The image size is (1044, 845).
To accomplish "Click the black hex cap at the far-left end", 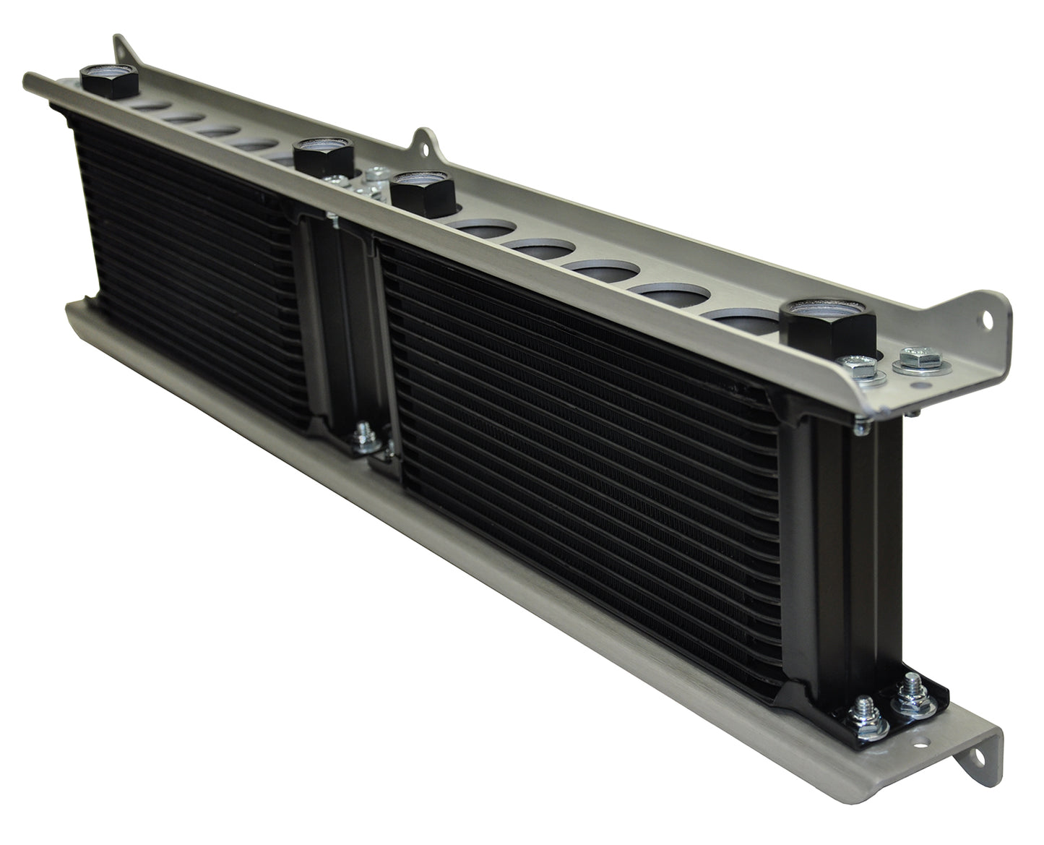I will point(108,80).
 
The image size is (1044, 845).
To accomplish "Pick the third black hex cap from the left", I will point(423,192).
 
